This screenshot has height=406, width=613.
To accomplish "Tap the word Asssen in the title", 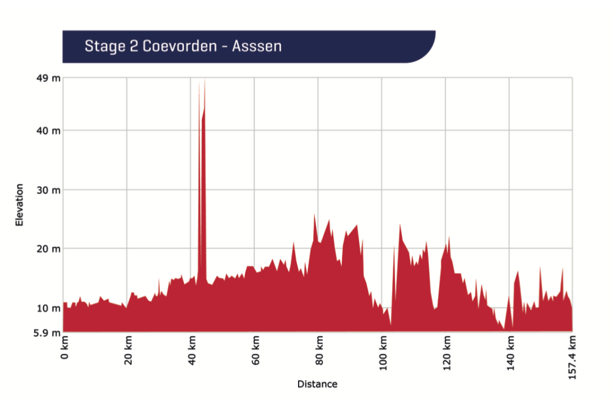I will [257, 46].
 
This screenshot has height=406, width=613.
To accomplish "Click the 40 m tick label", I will [48, 130].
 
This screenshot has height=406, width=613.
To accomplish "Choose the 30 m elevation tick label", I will [48, 190].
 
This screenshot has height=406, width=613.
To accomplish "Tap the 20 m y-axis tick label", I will [48, 248].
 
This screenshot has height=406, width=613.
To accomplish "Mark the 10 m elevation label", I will [48, 308].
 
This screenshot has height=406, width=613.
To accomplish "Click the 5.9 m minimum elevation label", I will [46, 331].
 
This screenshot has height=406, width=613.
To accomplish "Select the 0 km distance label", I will [64, 347].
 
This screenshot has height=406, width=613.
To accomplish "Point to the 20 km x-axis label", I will [128, 350].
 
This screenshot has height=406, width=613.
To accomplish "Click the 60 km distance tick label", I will [255, 350].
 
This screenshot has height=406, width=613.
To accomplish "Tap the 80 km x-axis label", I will [318, 350].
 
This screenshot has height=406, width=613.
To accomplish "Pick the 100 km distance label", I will [383, 352].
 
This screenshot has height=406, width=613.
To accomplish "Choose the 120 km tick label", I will [446, 352].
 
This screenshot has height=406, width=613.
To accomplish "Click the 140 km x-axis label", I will [510, 352].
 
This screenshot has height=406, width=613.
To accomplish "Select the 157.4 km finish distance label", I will [573, 356].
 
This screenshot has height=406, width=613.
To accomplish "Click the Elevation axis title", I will [19, 204].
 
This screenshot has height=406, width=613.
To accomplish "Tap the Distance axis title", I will [317, 384].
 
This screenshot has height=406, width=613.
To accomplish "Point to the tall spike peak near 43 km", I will [205, 80].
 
